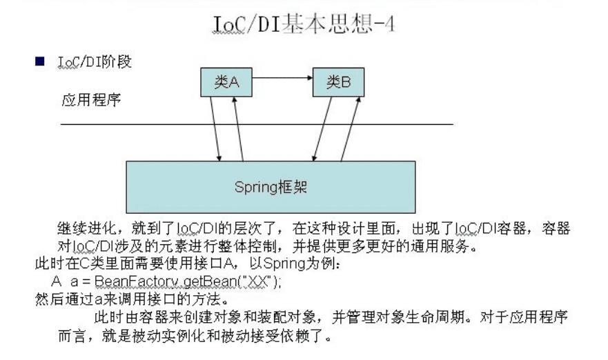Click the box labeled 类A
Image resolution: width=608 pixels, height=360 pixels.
tap(225, 83)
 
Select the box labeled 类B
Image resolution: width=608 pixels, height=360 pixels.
tap(338, 83)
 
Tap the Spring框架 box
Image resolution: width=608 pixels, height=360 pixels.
tap(271, 187)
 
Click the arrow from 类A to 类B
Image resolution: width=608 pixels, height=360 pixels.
tap(282, 78)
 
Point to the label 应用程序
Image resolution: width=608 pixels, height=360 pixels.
tap(92, 101)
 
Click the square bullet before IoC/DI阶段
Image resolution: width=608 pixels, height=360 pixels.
tap(41, 62)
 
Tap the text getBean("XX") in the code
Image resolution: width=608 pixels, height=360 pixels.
tap(228, 282)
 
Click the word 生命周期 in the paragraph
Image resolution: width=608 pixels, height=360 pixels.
tap(449, 318)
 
